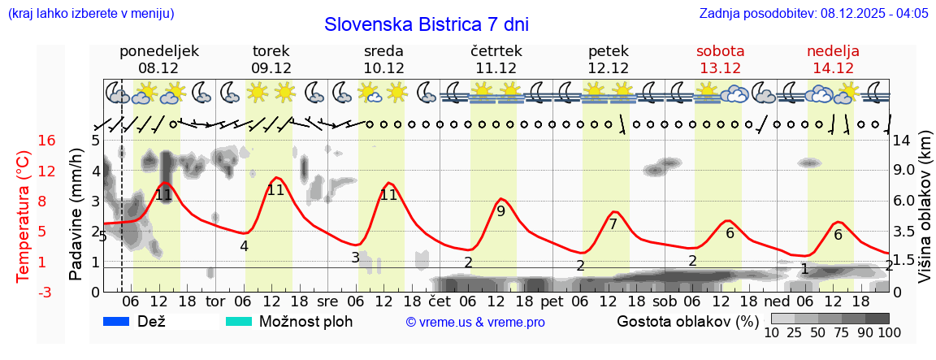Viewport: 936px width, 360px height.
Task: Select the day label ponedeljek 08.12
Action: pos(158,59)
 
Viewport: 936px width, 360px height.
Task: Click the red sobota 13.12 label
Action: pos(720,59)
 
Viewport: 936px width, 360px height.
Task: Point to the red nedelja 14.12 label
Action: pos(833,59)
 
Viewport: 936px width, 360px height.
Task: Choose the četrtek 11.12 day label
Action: pos(496,59)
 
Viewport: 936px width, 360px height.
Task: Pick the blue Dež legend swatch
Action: pos(117,321)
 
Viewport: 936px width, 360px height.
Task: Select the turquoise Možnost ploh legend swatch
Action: pos(239,321)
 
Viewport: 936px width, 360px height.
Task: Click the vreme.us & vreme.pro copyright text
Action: pos(475,323)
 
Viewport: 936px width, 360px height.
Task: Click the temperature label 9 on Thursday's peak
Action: pos(500,211)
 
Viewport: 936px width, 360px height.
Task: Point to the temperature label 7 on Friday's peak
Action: pos(613,224)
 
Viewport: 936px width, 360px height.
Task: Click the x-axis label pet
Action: pos(552,301)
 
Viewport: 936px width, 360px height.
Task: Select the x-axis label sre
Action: pos(327,301)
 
